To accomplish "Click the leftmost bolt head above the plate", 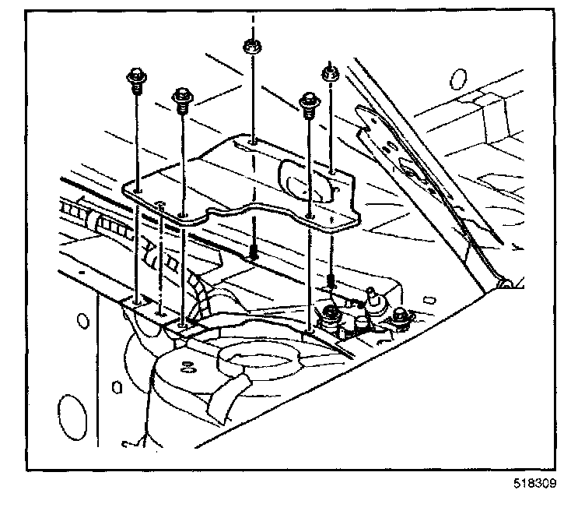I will pos(135,78).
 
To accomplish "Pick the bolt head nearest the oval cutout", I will pos(309,101).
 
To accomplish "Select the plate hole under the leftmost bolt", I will pos(136,190).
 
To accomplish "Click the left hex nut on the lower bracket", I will pos(330,315).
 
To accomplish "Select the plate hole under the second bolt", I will pos(184,212).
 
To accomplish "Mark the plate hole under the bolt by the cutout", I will pos(310,213).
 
